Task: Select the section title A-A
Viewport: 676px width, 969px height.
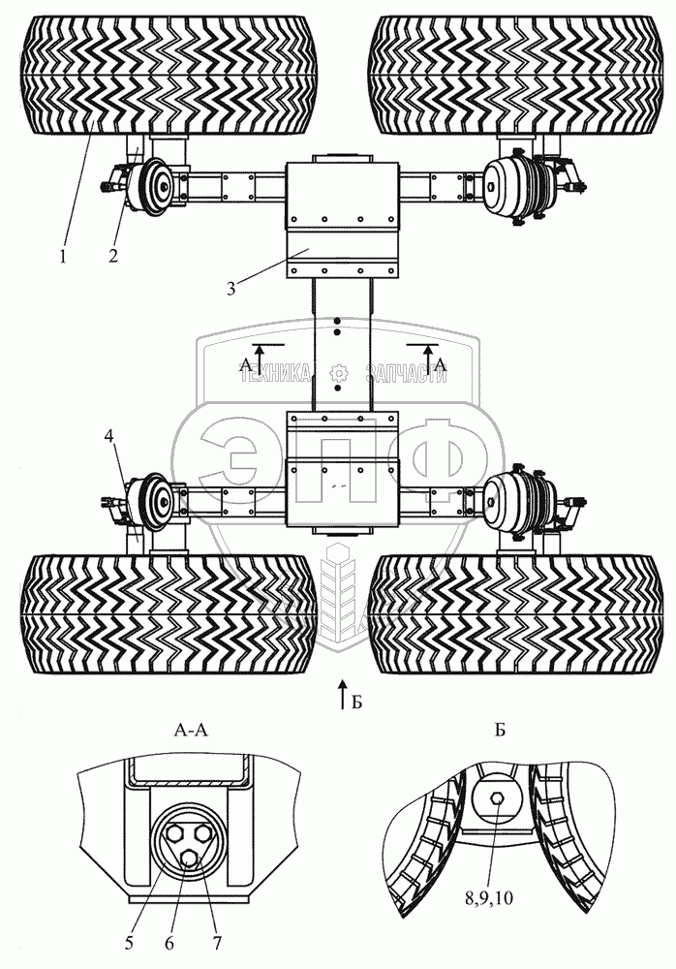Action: [x=188, y=733]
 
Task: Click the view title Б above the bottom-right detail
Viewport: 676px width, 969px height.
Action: [x=500, y=733]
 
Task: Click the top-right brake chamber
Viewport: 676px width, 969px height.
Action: [x=506, y=181]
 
